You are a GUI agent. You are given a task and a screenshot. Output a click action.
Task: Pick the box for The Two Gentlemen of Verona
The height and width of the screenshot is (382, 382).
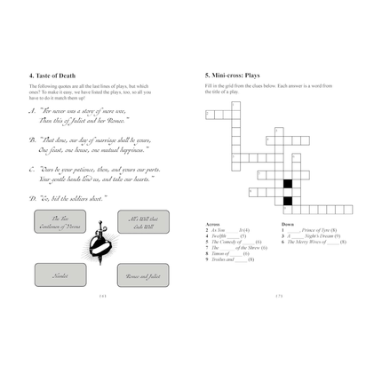click(60, 222)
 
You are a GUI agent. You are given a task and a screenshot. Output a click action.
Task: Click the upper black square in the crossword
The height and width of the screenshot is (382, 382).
click(287, 184)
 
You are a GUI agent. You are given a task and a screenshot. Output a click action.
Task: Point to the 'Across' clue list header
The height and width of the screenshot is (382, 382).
click(213, 225)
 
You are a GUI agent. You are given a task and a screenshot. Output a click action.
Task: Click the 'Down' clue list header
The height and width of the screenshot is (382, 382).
click(287, 225)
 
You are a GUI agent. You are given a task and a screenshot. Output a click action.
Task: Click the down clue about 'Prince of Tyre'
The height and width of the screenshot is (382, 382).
click(311, 230)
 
